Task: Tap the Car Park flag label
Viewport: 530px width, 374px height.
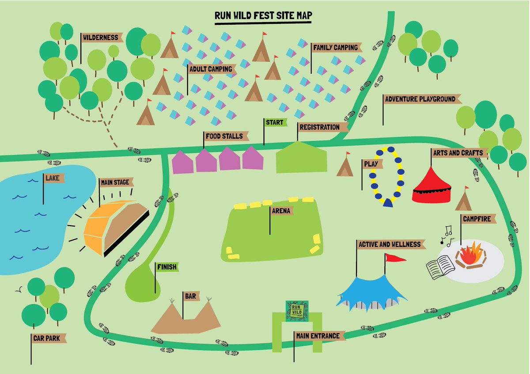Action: (49, 338)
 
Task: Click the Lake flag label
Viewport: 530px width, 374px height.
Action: (54, 178)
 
